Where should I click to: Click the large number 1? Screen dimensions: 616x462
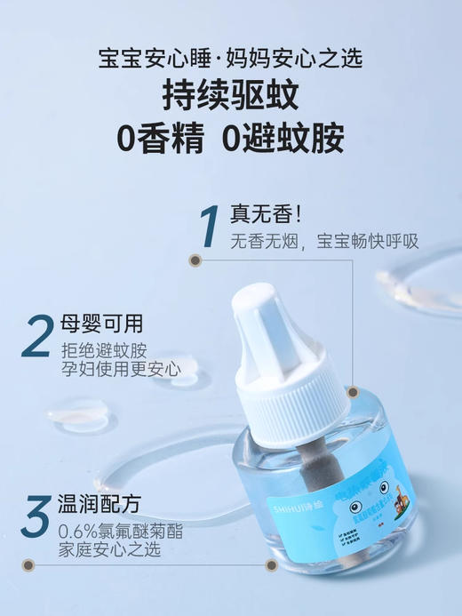211,227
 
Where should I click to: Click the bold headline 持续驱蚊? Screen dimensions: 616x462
230,97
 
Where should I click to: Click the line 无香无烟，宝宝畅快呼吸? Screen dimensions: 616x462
324,241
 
